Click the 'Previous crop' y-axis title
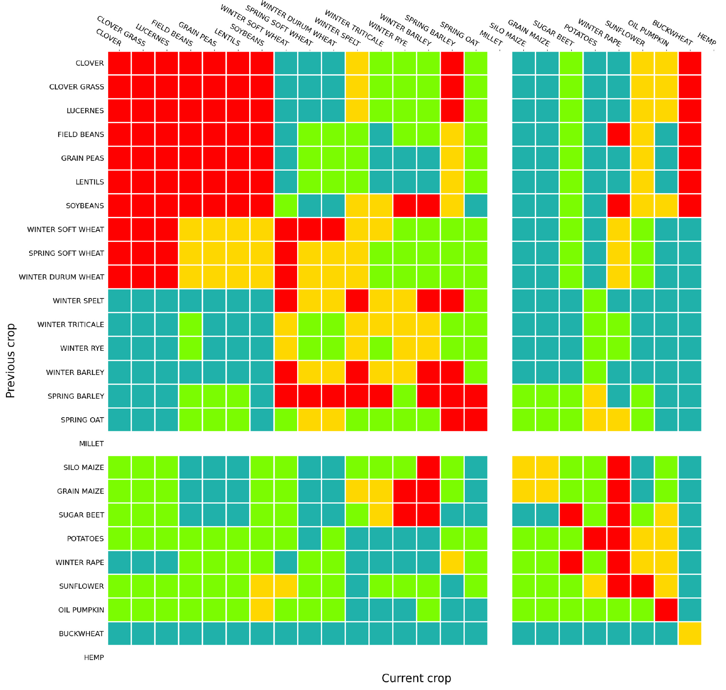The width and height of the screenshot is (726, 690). (x=10, y=360)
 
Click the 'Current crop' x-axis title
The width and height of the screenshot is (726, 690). (x=416, y=678)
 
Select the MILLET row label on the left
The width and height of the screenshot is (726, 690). (x=91, y=443)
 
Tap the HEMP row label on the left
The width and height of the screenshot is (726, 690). (x=94, y=657)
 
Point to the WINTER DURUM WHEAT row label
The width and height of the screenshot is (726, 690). (x=61, y=277)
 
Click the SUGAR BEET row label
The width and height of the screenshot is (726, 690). (x=81, y=515)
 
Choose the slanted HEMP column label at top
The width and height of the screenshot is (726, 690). (x=706, y=39)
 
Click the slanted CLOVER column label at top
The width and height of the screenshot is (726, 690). (x=108, y=37)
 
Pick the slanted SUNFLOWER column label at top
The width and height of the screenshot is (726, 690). (x=625, y=33)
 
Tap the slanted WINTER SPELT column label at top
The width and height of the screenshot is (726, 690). (x=337, y=32)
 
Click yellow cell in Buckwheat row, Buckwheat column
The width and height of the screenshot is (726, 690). (x=690, y=634)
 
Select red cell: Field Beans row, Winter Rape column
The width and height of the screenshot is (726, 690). (x=618, y=134)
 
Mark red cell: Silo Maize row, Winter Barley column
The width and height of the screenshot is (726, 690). (x=428, y=467)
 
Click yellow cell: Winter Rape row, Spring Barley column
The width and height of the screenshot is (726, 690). (x=452, y=563)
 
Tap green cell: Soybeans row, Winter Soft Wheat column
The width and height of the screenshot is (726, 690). (x=286, y=205)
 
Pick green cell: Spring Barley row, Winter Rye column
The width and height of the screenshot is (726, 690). (x=404, y=396)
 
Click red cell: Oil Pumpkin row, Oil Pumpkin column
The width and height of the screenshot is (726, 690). (x=666, y=610)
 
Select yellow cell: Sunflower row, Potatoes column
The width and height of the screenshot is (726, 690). (x=595, y=586)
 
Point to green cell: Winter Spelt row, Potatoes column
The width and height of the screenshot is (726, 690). (x=595, y=301)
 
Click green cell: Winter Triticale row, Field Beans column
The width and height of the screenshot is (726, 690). (x=190, y=324)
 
